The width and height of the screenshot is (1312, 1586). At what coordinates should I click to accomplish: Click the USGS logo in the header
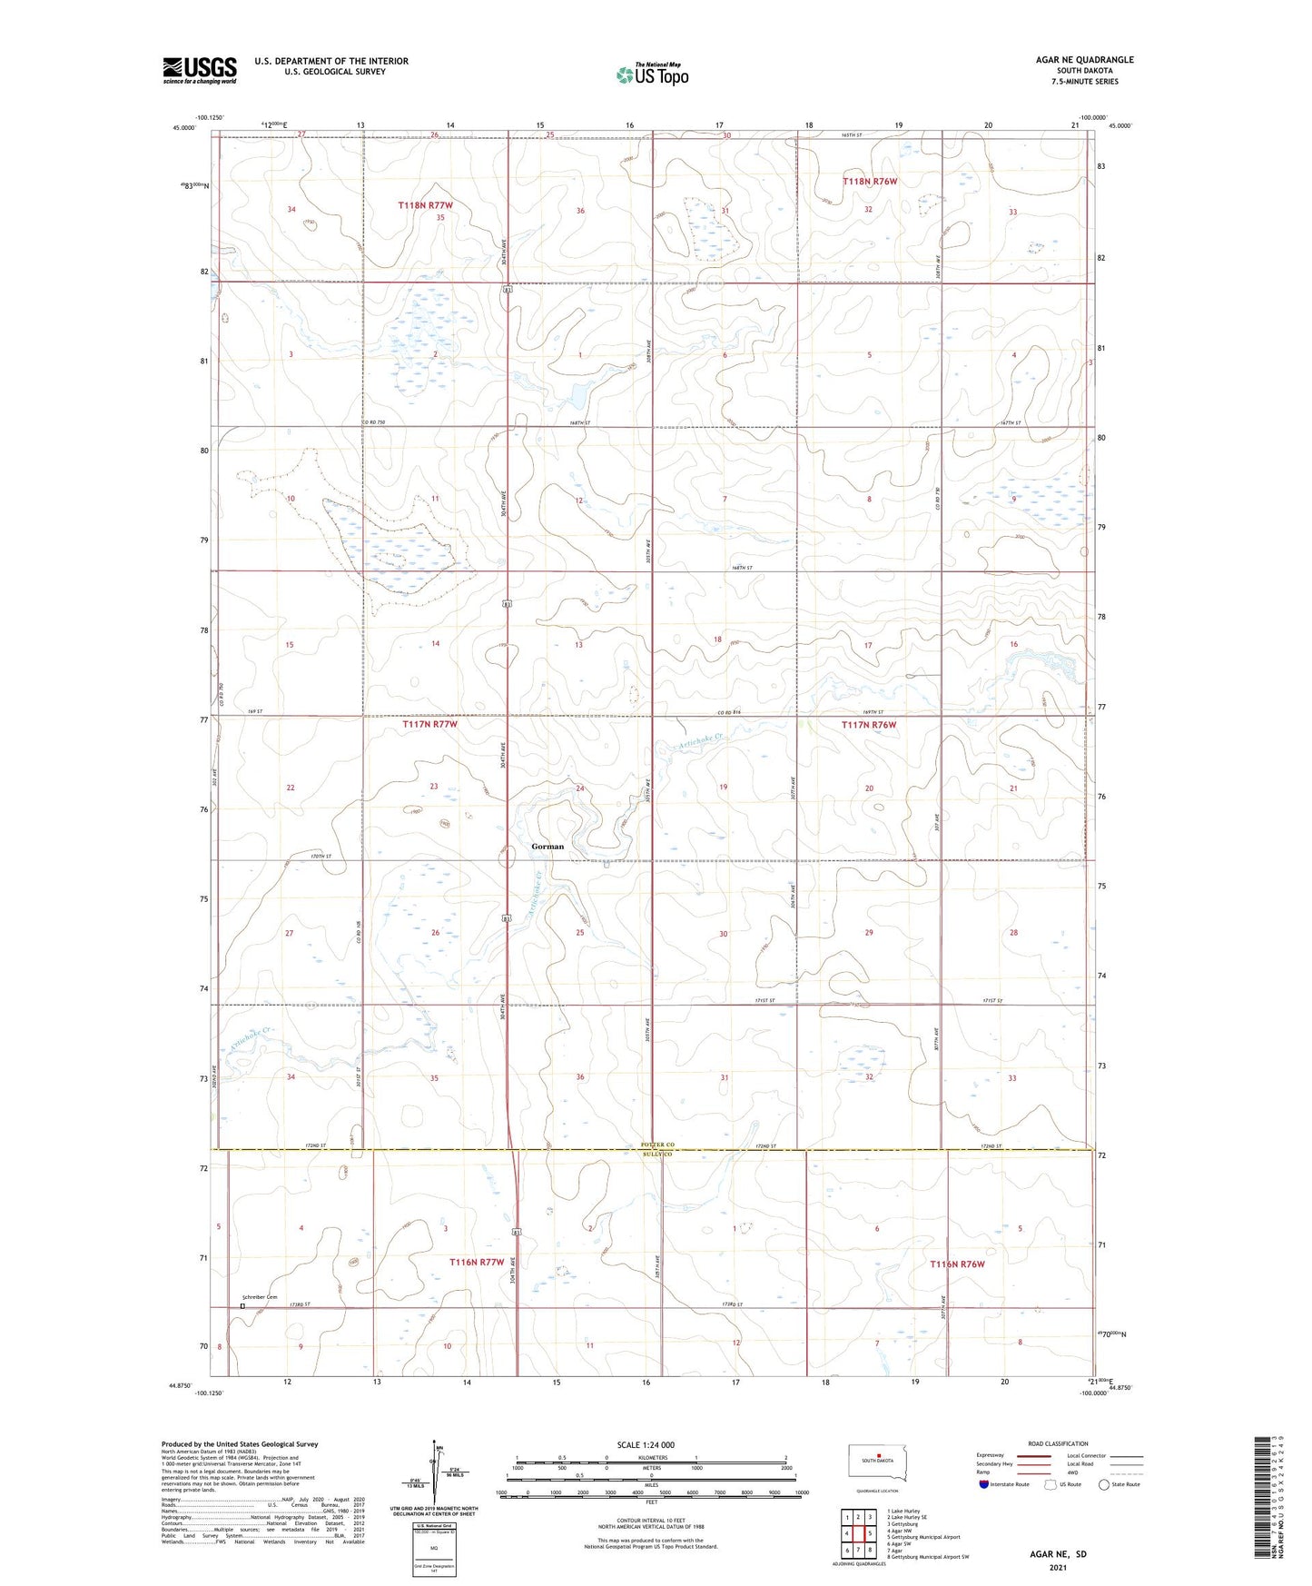coord(199,70)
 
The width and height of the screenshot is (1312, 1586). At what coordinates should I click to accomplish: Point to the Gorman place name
coord(547,846)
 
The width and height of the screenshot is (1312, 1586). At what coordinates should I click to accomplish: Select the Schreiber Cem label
coord(258,1296)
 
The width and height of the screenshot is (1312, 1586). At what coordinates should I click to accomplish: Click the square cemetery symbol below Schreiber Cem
coord(242,1306)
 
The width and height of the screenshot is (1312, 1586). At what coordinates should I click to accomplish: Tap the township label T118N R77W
coord(425,206)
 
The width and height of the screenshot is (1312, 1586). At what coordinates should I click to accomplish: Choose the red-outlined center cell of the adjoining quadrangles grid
coord(858,1533)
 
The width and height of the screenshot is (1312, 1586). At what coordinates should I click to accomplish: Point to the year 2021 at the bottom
coord(1058,1567)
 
